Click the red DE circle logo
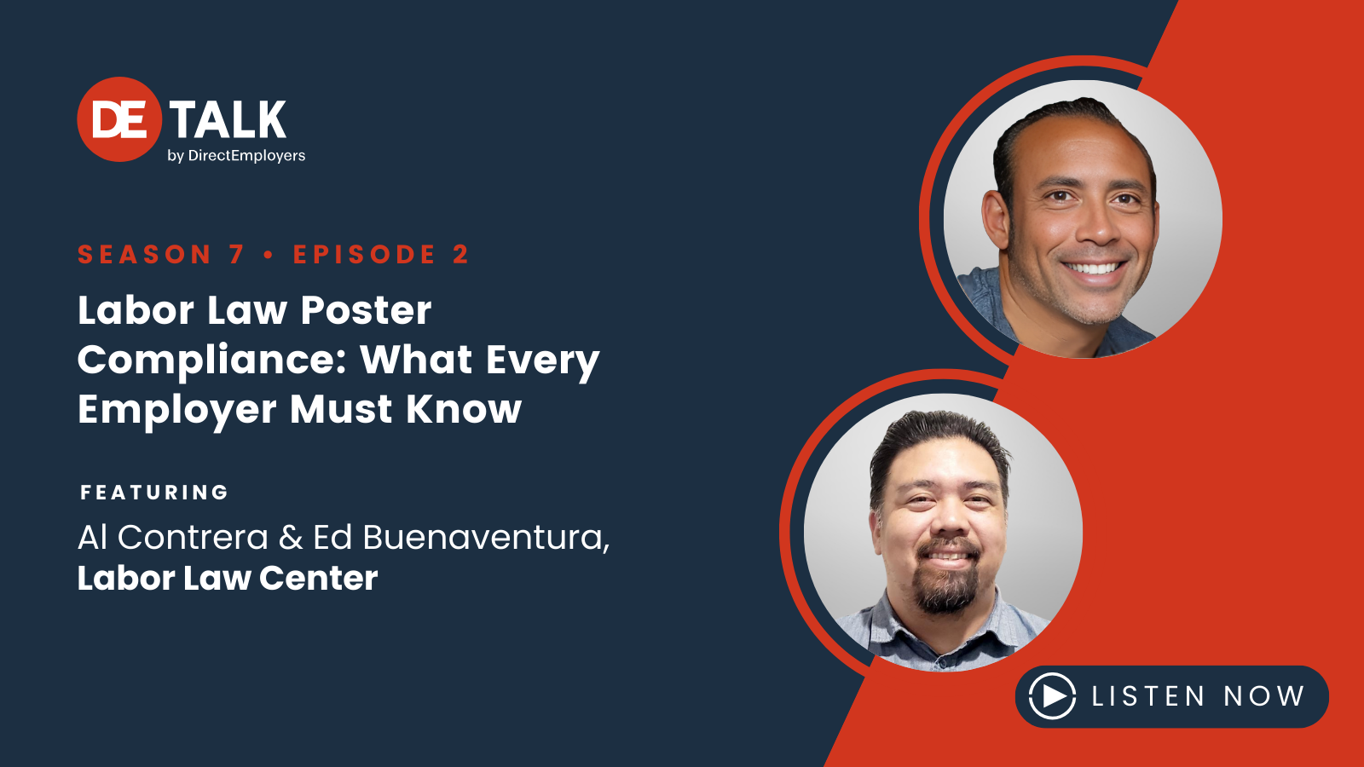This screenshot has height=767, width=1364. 119,119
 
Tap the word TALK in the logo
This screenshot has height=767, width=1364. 228,120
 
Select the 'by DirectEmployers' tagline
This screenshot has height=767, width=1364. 236,156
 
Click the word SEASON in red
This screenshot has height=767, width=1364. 144,255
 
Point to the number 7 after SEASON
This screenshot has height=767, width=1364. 236,255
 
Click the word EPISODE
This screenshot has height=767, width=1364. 364,255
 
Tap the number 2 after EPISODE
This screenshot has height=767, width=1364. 460,255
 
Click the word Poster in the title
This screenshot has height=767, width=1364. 366,310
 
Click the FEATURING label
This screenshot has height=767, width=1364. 154,493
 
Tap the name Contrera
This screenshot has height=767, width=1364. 193,538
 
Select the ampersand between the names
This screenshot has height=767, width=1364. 290,538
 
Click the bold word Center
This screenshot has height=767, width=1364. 318,579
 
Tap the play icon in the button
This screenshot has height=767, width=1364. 1052,696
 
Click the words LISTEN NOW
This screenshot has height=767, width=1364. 1198,696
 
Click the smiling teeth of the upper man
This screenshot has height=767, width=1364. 1094,268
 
